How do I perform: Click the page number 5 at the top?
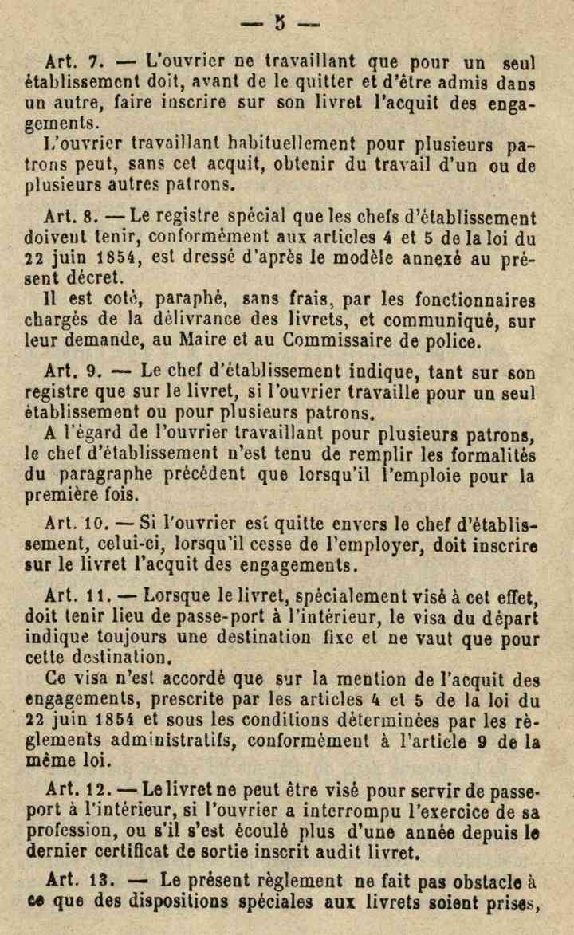tap(280, 22)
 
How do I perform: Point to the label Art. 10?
tap(79, 527)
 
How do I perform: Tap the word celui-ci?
tap(159, 547)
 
